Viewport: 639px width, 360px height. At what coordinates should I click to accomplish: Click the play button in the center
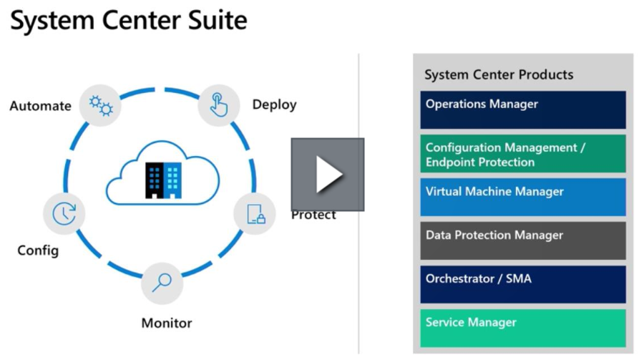tap(327, 175)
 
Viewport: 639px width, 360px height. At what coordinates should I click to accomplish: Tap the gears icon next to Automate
tap(100, 106)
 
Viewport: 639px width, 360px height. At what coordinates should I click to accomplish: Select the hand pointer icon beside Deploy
tap(218, 105)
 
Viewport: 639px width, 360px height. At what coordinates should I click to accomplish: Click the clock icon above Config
tap(64, 213)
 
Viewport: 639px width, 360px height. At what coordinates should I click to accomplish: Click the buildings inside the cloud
tap(163, 179)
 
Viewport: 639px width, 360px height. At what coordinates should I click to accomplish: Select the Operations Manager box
tap(522, 110)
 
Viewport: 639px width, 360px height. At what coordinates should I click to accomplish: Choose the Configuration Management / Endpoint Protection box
tap(522, 154)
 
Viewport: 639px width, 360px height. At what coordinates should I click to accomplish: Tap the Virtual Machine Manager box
tap(522, 197)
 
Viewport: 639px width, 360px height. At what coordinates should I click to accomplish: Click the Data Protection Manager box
tap(522, 240)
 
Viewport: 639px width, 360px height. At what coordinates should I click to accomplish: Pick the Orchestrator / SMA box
tap(522, 284)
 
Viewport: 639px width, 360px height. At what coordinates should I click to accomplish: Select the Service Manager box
tap(522, 328)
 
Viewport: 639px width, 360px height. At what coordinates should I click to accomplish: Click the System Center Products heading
tap(499, 74)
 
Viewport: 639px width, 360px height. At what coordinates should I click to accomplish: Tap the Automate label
tap(40, 106)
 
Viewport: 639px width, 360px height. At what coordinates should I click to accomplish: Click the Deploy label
tap(274, 104)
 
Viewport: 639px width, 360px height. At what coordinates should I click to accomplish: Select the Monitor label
tap(167, 323)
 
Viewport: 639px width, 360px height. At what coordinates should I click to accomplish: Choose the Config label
tap(38, 250)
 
